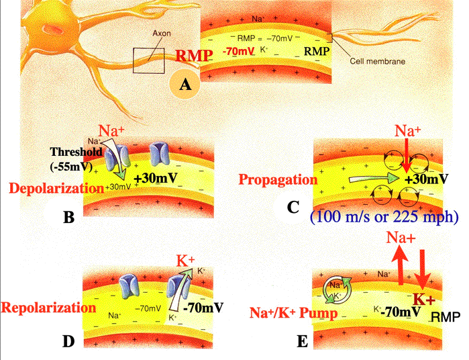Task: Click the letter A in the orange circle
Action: (x=185, y=84)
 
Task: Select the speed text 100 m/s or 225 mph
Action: (x=383, y=217)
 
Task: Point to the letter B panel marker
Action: (x=68, y=218)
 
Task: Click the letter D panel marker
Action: (x=68, y=341)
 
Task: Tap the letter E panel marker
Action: (x=303, y=341)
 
